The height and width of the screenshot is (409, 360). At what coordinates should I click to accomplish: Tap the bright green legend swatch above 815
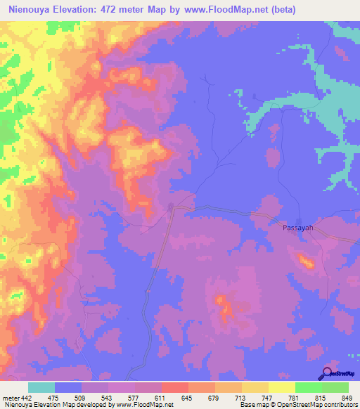coord(309,387)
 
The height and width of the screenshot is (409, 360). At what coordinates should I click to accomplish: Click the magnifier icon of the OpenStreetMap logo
coord(326,373)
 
